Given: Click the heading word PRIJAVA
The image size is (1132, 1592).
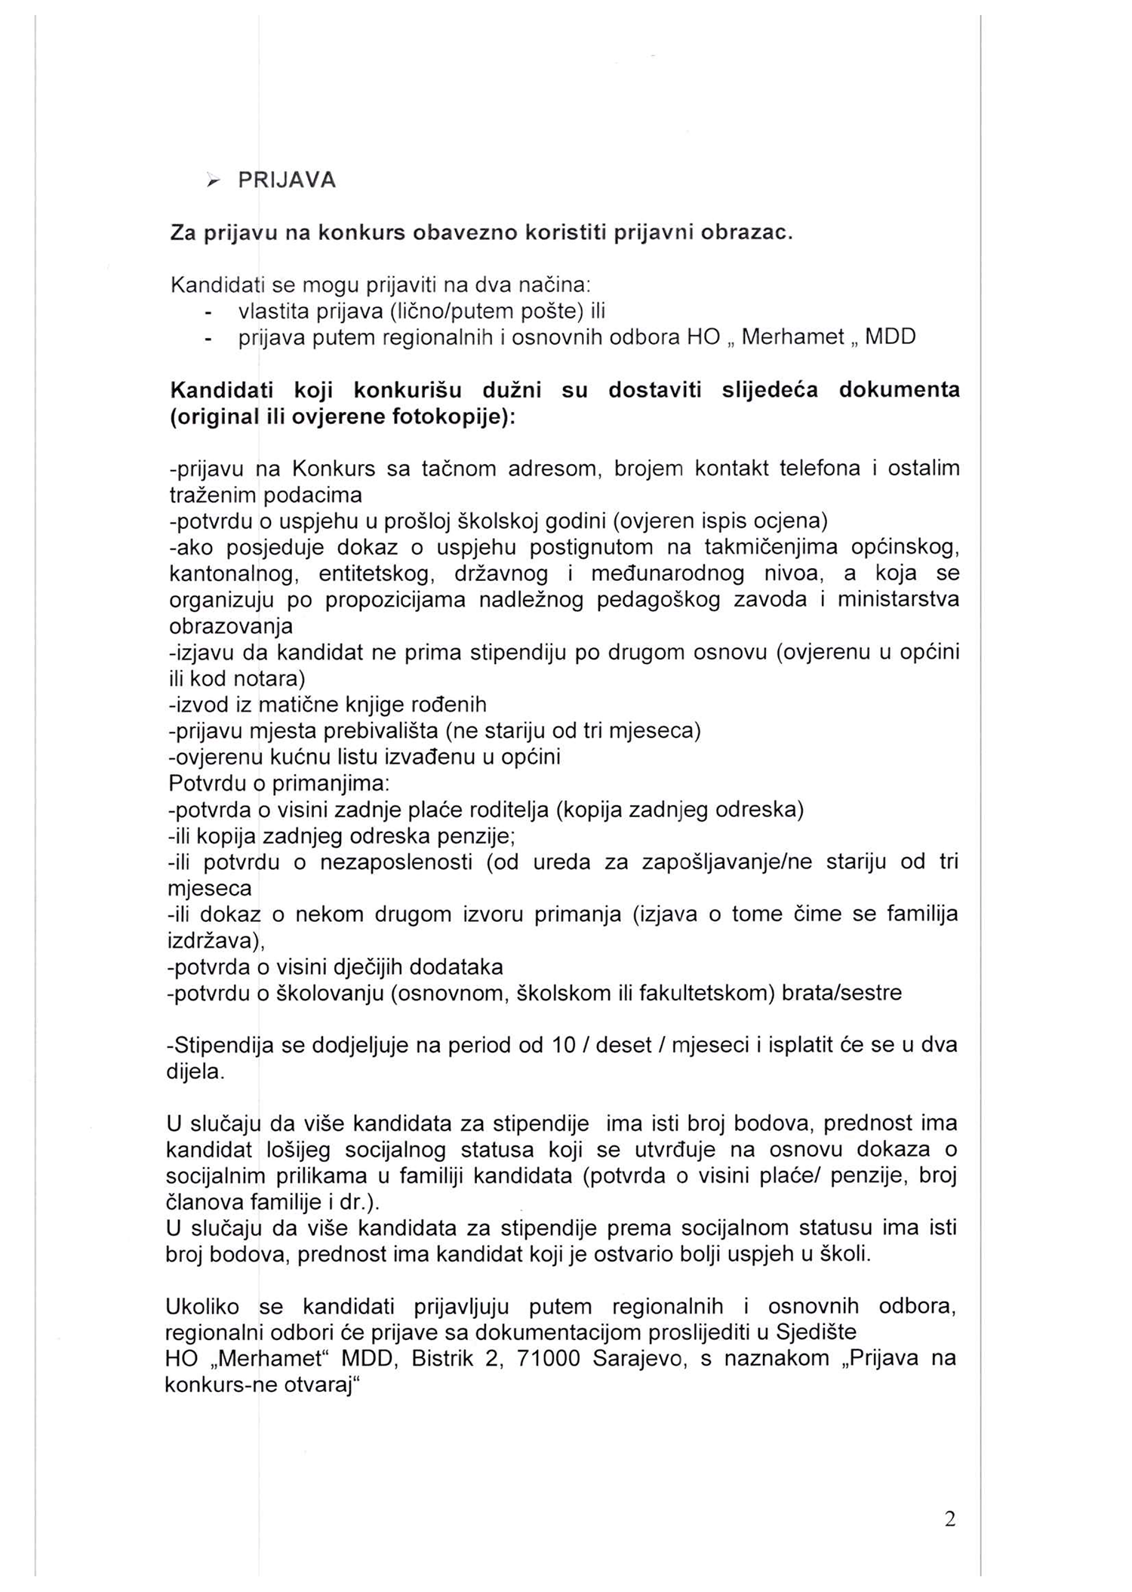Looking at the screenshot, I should click(x=287, y=181).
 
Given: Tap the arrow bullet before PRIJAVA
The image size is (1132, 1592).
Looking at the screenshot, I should click(x=214, y=181).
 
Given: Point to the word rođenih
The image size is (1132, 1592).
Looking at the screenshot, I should click(x=448, y=705).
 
